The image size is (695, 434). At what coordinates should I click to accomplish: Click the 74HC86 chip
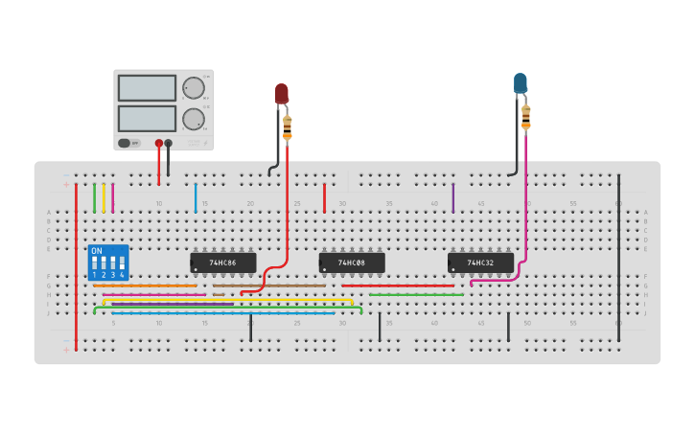coord(223,263)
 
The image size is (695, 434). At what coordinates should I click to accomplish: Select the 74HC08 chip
coord(352,263)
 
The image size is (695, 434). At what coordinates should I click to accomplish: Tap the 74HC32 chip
coord(480,263)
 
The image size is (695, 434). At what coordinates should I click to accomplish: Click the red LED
coord(282,94)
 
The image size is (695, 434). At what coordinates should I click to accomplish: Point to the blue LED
coord(520,83)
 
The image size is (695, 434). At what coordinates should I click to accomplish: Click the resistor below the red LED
coord(287,126)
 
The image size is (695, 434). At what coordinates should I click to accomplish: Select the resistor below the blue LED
coord(525,116)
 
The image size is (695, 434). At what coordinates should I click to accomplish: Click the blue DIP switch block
coord(107,263)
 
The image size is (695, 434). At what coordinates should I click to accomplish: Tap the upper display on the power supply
coord(147,88)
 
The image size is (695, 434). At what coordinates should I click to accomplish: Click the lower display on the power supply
coord(147,119)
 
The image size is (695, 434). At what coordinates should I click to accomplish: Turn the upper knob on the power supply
coord(194,88)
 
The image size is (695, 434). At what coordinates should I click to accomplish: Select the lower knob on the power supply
coord(194,119)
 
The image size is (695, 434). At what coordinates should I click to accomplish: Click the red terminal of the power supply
coord(158,143)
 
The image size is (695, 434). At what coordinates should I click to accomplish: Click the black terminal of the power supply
coord(169,143)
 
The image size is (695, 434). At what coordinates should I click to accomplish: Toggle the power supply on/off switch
coord(125,143)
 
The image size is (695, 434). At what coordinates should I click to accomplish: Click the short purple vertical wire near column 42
coord(453,197)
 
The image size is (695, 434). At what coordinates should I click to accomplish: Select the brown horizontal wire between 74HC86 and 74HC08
coord(268,286)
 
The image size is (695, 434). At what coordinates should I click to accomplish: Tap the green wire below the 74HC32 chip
coord(417,295)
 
